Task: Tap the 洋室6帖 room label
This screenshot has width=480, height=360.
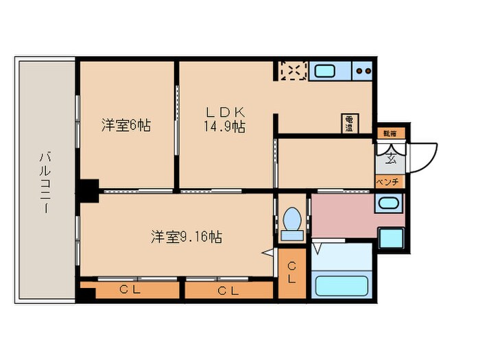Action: click(x=125, y=125)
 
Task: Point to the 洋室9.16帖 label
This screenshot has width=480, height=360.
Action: click(x=186, y=237)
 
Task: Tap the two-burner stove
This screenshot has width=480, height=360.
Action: click(x=363, y=71)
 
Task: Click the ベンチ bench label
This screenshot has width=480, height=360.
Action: click(x=389, y=182)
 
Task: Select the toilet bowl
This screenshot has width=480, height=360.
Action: click(x=292, y=221)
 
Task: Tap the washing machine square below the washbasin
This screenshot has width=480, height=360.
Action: click(x=392, y=237)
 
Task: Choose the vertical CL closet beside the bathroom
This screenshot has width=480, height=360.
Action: click(x=291, y=273)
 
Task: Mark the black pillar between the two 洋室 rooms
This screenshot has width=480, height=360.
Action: click(x=88, y=189)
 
